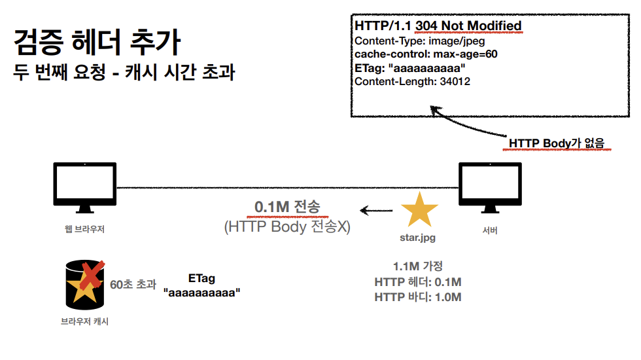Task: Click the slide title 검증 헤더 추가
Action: [97, 43]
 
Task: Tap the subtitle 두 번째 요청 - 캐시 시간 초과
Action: [124, 73]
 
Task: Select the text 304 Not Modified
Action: [468, 26]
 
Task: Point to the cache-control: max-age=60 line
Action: [426, 54]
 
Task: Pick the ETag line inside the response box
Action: [410, 67]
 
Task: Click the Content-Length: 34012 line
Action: [412, 81]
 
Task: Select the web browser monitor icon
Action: [84, 187]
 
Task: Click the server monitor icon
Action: [489, 187]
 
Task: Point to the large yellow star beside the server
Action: [419, 209]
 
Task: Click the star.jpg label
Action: [418, 238]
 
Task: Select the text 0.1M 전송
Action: [287, 207]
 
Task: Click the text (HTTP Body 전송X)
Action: [287, 227]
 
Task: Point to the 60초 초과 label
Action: [133, 284]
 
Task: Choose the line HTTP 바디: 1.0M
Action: [418, 297]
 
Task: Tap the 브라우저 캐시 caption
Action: [84, 321]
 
